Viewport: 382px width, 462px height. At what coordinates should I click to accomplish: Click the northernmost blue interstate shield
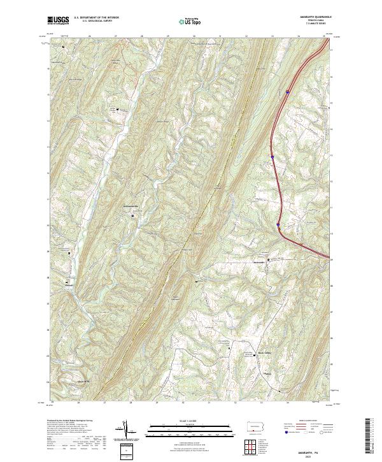[x=287, y=92]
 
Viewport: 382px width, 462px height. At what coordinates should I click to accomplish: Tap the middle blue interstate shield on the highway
[x=272, y=156]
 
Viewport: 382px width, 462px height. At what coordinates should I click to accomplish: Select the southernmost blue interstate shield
[x=278, y=224]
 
